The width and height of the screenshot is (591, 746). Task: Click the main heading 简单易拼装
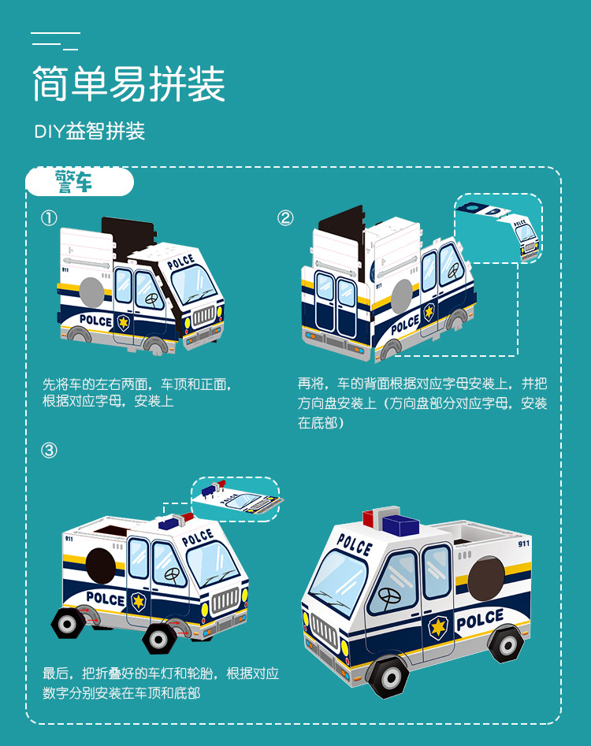pos(128,84)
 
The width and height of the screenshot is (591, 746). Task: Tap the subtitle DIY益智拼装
pos(90,132)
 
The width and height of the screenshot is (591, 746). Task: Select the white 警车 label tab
pos(80,182)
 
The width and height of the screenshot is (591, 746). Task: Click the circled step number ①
pos(49,218)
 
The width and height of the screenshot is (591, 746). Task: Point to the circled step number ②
pos(285,218)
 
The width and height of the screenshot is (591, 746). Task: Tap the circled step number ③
pos(49,451)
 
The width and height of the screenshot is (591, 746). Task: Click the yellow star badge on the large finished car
pos(437,627)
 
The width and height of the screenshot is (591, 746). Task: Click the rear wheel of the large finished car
pos(505,644)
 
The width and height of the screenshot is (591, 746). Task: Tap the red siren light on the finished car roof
pos(371,519)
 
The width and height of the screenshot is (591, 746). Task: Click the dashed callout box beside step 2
pos(499,228)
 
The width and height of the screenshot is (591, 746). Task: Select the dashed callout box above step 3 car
pos(235,499)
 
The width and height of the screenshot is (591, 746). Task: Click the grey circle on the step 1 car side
pos(93,291)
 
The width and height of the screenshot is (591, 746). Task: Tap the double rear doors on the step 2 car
pos(334,303)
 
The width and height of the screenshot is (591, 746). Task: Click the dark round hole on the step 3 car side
pos(99,564)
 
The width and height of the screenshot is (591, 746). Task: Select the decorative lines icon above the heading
pos(55,40)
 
